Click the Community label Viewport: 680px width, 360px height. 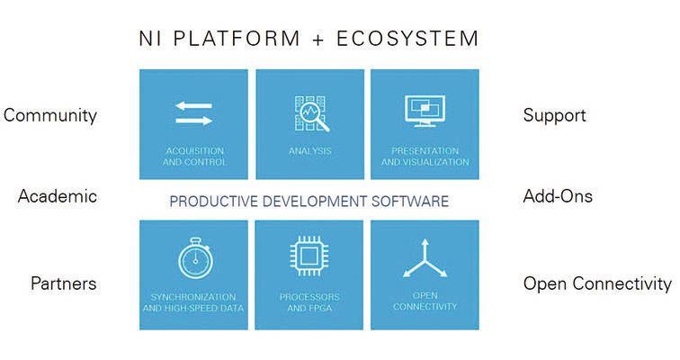[50, 115]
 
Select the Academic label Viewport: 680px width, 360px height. [58, 196]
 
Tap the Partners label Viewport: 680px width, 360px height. [64, 283]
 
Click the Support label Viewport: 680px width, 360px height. [554, 115]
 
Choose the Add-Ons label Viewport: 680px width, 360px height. [558, 196]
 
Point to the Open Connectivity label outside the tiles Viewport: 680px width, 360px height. [597, 283]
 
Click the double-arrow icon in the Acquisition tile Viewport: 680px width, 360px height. [193, 113]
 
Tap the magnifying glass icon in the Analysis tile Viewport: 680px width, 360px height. [310, 113]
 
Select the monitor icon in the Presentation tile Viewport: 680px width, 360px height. [425, 112]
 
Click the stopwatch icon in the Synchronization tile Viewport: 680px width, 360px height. [193, 258]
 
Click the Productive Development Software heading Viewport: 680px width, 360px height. [309, 201]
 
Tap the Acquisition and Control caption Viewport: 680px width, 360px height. [194, 157]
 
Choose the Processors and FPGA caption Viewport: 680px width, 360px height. [310, 301]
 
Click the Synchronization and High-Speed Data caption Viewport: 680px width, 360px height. [193, 301]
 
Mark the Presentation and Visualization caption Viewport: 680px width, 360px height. [425, 157]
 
